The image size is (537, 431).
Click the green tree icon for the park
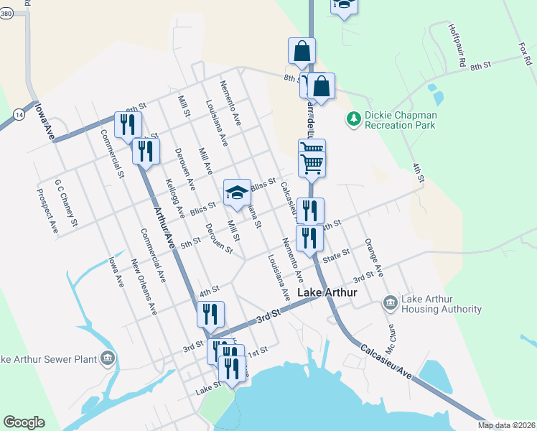(x=352, y=118)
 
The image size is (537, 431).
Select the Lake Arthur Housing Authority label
(x=441, y=304)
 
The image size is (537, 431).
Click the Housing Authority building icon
(x=390, y=303)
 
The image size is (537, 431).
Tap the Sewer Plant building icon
(x=107, y=358)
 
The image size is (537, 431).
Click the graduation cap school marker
(x=238, y=193)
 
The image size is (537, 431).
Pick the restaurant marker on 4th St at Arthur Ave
(x=211, y=314)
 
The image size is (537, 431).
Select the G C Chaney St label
(x=65, y=203)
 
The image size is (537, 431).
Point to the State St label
(x=335, y=256)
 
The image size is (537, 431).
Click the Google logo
(x=24, y=422)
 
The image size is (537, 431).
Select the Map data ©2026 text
(x=506, y=425)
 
